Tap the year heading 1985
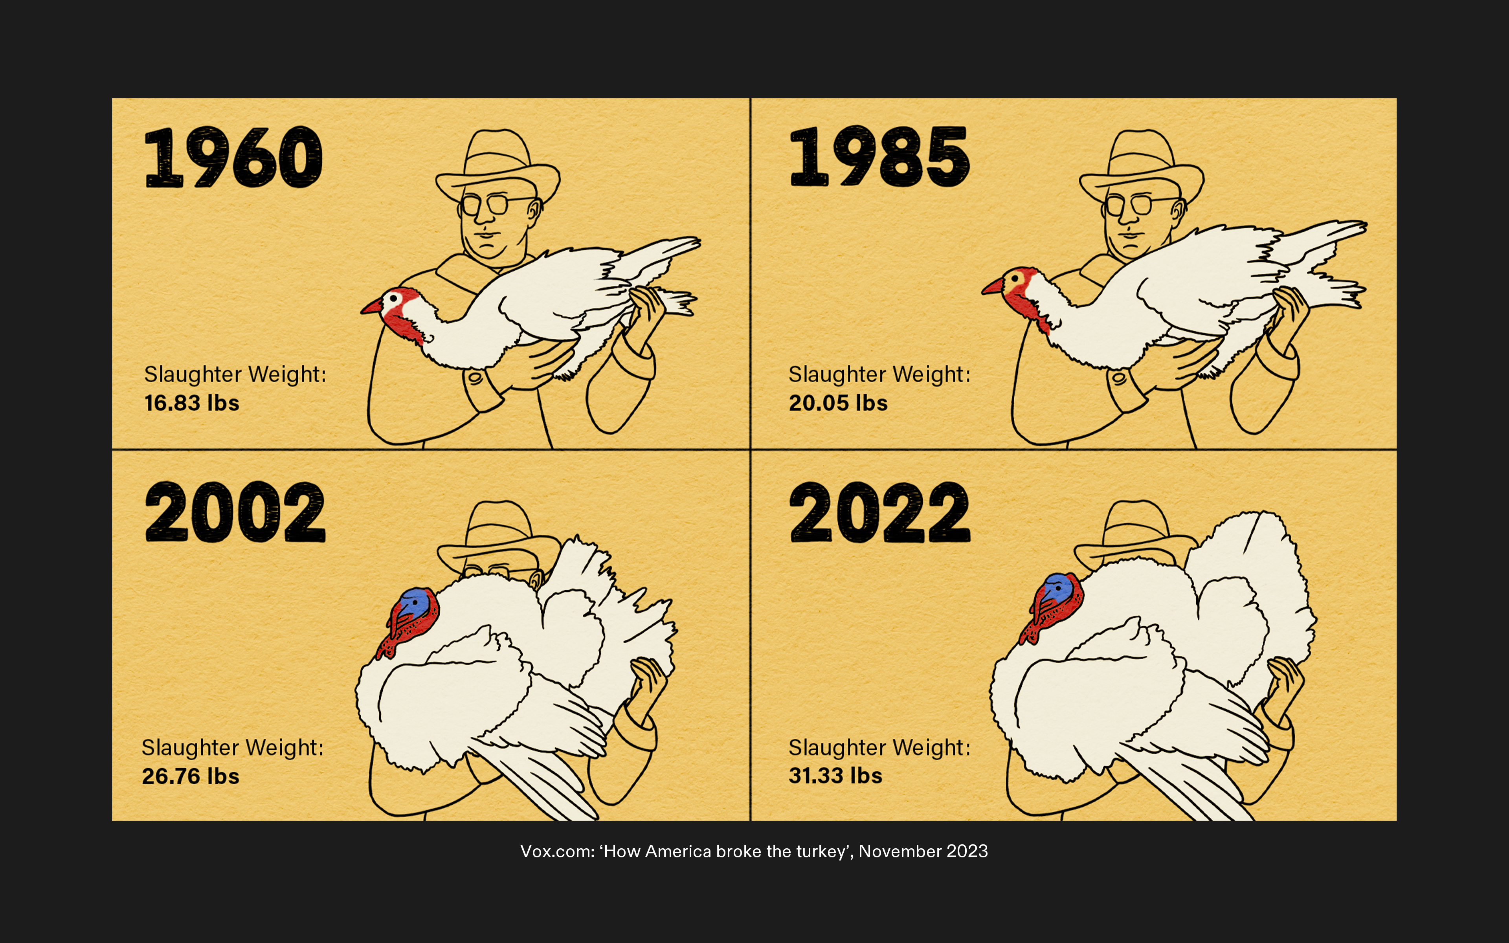click(x=879, y=156)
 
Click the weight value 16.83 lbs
click(x=191, y=403)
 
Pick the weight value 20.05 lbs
click(x=838, y=403)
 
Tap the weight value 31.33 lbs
click(x=835, y=775)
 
